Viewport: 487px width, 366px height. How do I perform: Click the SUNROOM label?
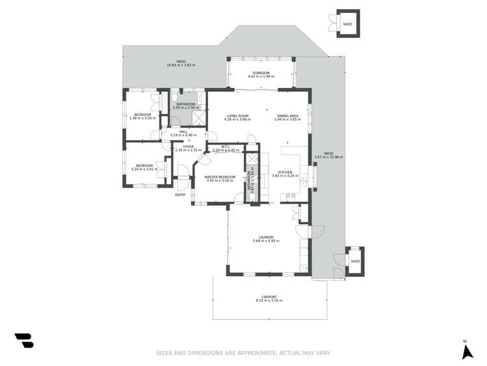(x=261, y=73)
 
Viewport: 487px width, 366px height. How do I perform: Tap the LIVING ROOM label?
(x=237, y=116)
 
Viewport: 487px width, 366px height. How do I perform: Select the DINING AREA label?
(x=286, y=116)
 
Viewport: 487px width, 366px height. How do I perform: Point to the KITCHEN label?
(x=285, y=172)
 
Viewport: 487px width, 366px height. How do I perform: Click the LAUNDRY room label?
(x=265, y=237)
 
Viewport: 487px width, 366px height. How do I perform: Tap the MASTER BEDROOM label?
(x=220, y=176)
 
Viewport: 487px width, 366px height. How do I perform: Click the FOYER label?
(x=188, y=147)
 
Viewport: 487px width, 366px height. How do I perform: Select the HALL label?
(x=183, y=132)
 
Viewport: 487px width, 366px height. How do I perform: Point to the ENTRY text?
(x=180, y=195)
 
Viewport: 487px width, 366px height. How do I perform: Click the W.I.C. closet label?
(x=226, y=147)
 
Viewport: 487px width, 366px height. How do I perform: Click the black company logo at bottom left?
(x=24, y=341)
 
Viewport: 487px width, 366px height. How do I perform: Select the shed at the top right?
(x=348, y=24)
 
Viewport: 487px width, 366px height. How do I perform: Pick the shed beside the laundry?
(x=355, y=261)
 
